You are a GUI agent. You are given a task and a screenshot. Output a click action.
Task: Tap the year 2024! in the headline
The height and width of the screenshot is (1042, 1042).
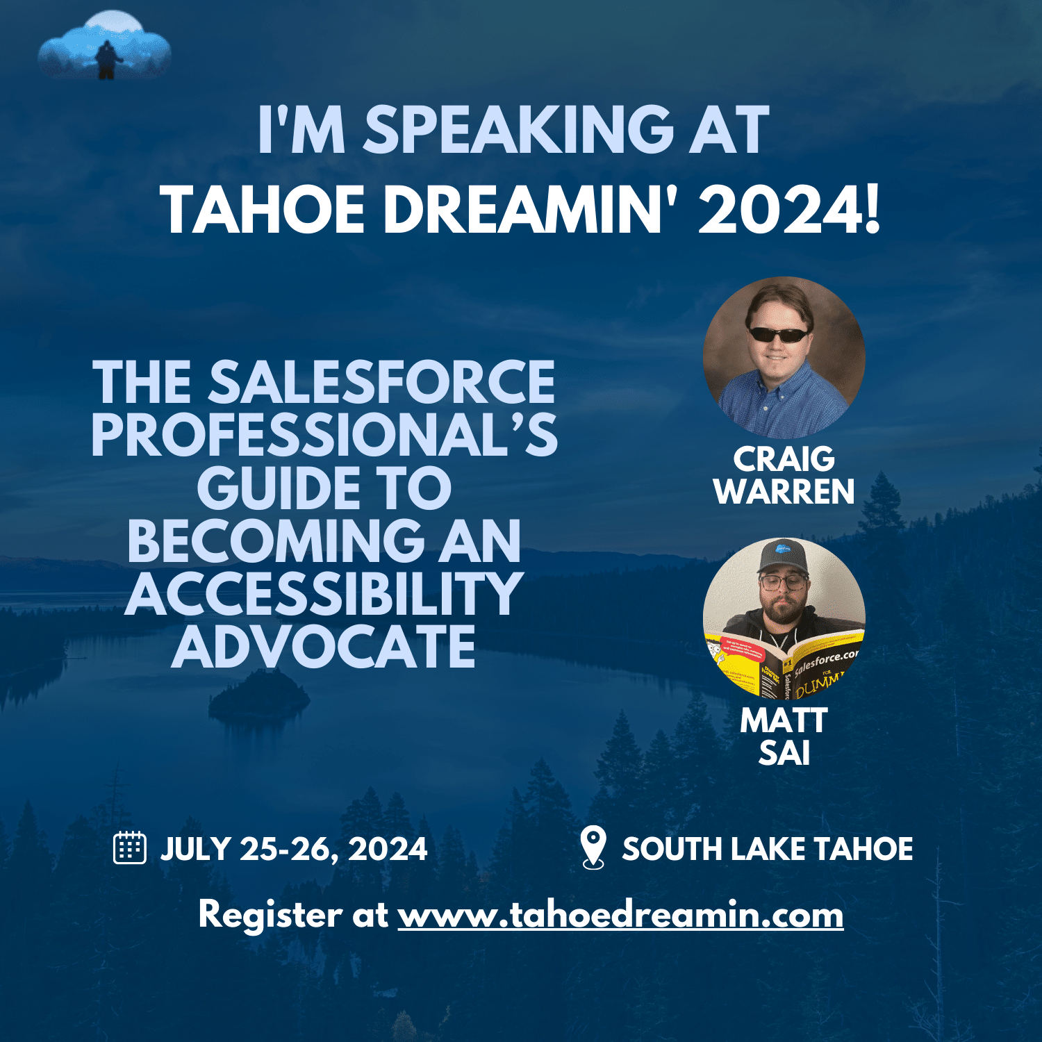point(789,210)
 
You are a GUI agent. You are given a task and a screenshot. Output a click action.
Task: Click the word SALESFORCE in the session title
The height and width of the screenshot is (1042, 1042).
point(382,382)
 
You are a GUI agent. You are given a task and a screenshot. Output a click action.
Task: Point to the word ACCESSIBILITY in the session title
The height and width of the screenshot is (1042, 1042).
point(324,595)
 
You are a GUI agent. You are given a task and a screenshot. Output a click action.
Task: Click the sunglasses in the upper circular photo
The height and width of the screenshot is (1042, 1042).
point(778,334)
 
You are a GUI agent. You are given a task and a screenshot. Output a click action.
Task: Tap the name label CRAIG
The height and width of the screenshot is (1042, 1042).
point(784,459)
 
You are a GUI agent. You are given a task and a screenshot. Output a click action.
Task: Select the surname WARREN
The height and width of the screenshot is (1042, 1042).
point(784,492)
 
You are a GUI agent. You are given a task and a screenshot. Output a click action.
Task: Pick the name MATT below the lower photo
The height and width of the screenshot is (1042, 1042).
point(784,720)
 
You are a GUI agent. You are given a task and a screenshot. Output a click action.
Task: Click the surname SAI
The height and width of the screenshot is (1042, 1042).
point(784,754)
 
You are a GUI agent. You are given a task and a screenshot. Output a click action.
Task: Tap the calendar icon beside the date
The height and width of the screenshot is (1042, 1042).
point(129,847)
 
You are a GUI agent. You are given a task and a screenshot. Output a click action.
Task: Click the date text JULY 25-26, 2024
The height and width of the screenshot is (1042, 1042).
point(294,849)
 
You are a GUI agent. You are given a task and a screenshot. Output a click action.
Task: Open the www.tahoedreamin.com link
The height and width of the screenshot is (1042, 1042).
point(620,915)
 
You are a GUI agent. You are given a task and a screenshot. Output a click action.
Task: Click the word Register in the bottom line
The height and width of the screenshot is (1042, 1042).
point(270,915)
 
